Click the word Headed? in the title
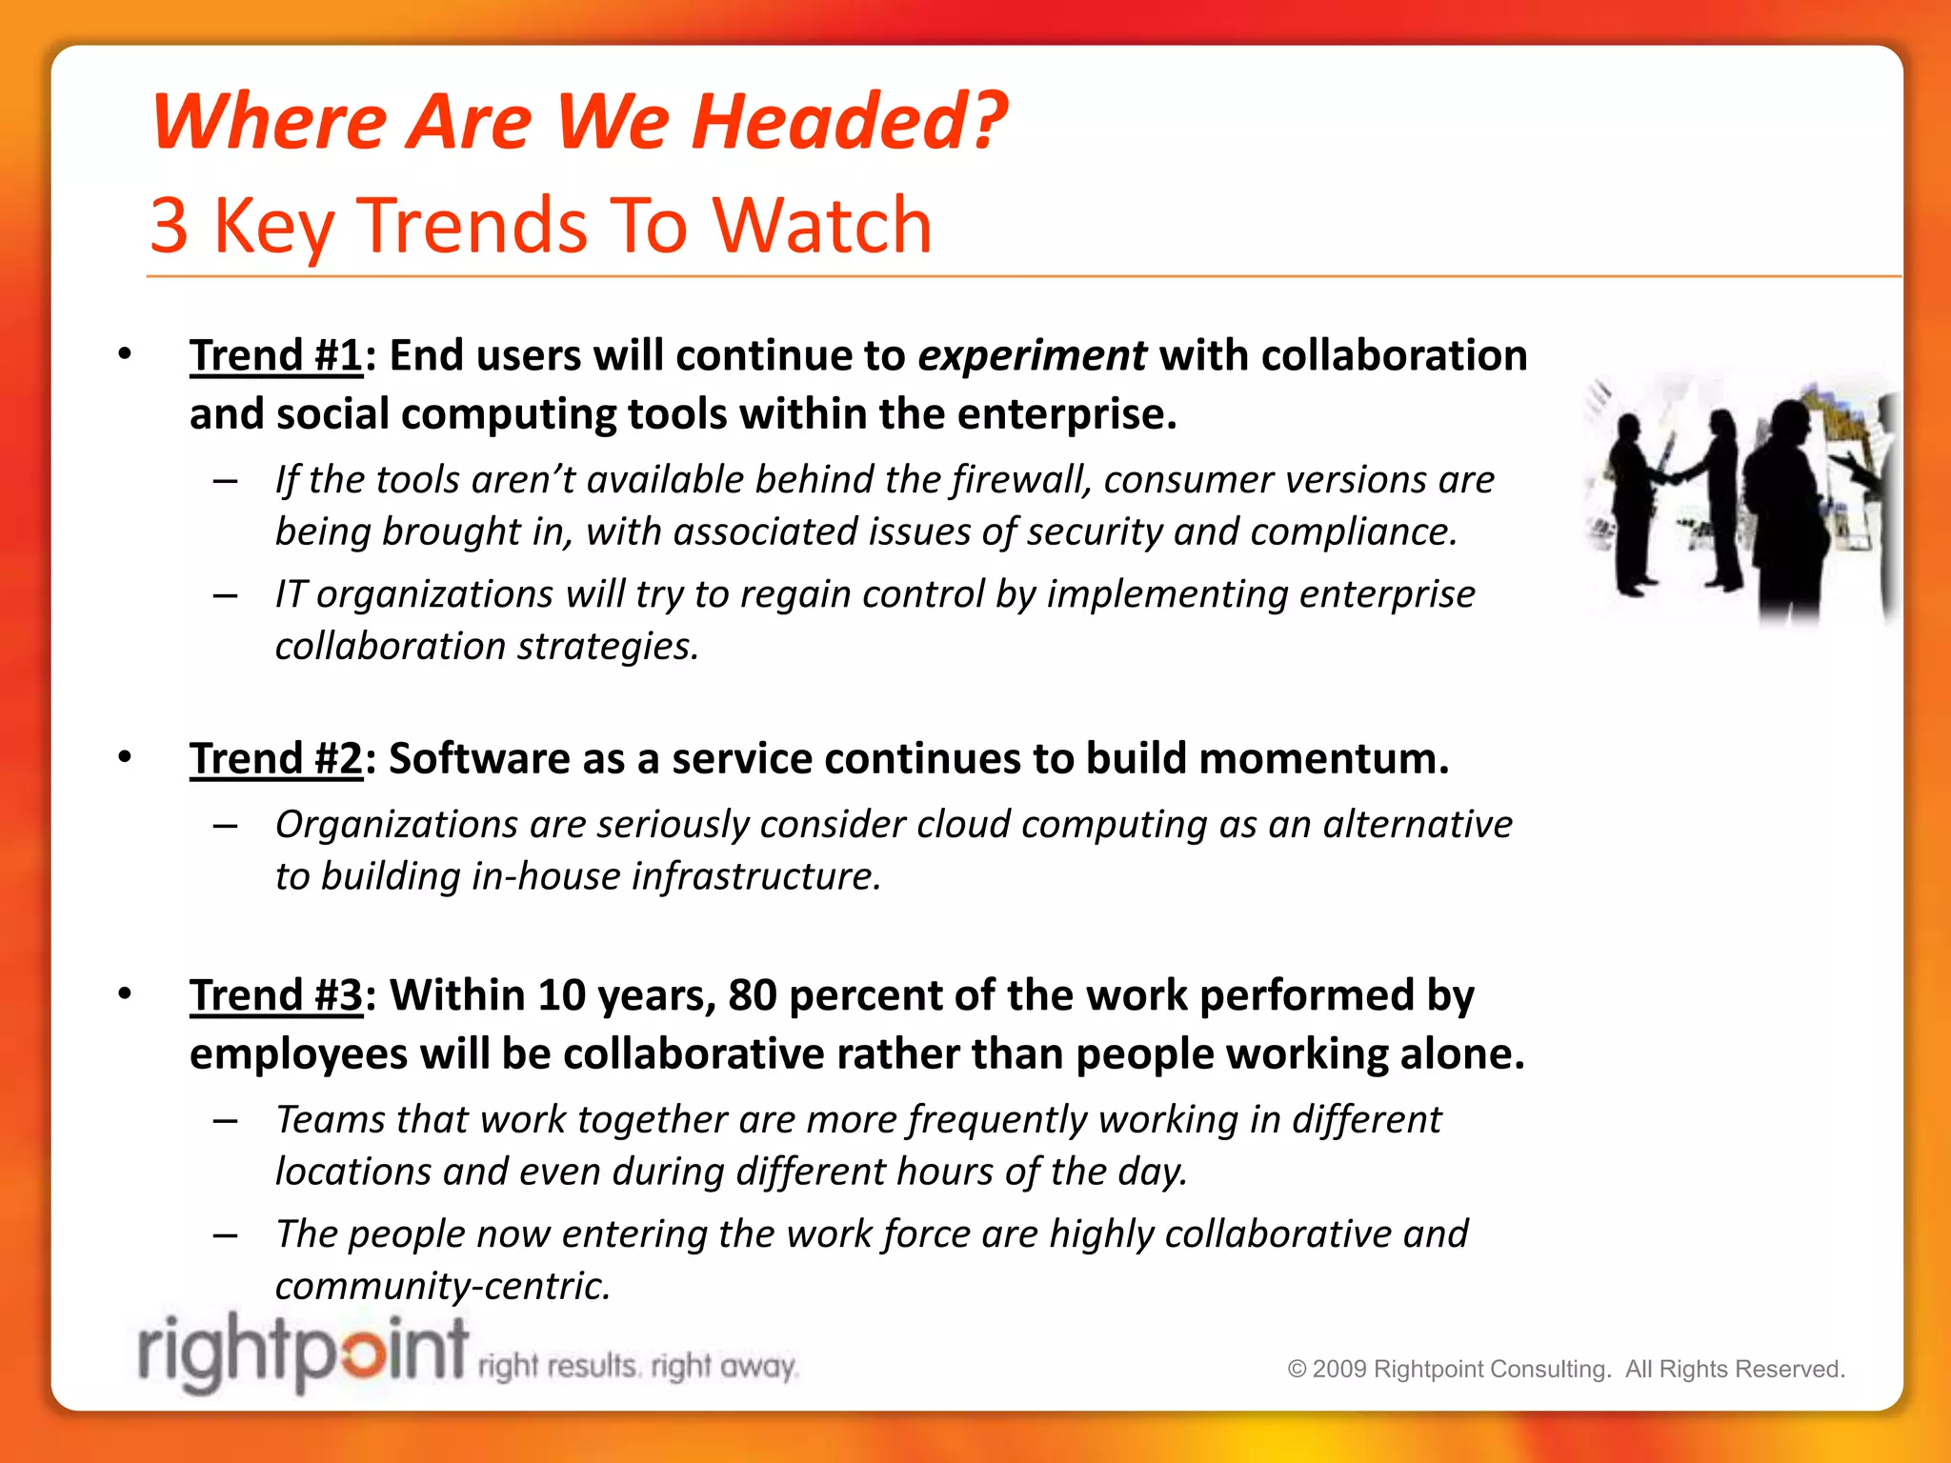click(848, 122)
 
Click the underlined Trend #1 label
click(275, 356)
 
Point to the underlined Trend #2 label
click(275, 759)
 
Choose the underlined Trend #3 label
click(275, 995)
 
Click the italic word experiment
click(1031, 356)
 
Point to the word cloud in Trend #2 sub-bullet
click(962, 824)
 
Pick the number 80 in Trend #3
click(753, 995)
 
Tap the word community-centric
click(442, 1286)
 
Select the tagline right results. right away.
click(636, 1366)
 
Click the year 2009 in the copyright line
click(1339, 1369)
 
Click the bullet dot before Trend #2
click(125, 757)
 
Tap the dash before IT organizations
click(226, 596)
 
